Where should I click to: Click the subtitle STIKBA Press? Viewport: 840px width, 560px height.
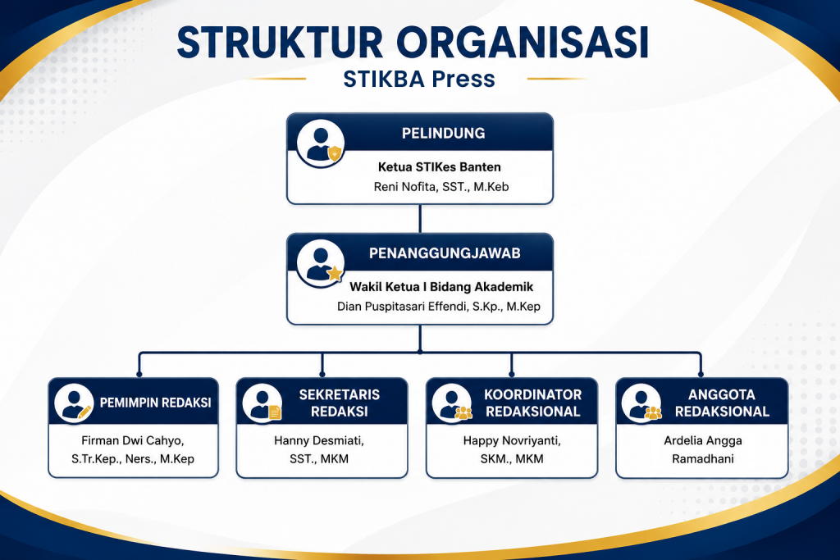(x=419, y=79)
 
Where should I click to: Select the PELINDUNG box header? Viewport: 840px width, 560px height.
(x=444, y=133)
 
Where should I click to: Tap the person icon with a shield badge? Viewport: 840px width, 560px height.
(x=321, y=143)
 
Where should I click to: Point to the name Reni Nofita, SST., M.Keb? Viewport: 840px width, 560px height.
(x=441, y=187)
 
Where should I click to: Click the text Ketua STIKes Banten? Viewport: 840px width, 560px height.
(x=440, y=167)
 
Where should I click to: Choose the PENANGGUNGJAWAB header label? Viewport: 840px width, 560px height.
(x=445, y=253)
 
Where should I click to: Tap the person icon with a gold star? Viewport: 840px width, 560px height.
(x=321, y=263)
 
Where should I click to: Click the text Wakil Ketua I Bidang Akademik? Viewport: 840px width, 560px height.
(x=441, y=287)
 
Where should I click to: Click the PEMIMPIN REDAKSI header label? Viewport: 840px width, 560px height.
(x=155, y=403)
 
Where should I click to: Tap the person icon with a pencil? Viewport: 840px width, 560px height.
(x=74, y=403)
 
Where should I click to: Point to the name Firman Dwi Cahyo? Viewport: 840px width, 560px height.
(x=132, y=440)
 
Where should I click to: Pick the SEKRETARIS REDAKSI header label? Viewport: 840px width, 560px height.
(x=339, y=403)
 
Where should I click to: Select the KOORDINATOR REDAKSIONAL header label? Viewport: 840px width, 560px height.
(x=532, y=403)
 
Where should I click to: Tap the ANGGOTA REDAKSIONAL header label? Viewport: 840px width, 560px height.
(x=722, y=403)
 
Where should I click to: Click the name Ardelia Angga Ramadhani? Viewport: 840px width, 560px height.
(x=703, y=449)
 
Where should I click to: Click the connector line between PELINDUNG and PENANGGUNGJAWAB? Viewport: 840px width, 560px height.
(x=420, y=218)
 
